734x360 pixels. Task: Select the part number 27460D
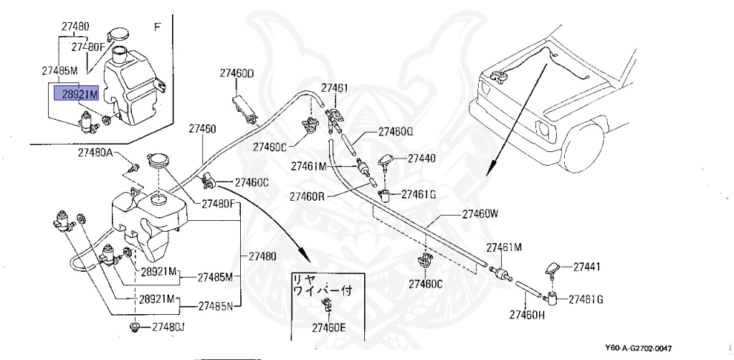(x=237, y=73)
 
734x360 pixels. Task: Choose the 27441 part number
(x=586, y=267)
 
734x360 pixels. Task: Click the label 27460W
(x=480, y=213)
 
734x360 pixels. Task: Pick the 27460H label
(x=528, y=314)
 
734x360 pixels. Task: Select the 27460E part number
(x=328, y=328)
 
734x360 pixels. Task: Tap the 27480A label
(x=95, y=153)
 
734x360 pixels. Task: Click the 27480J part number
(x=168, y=328)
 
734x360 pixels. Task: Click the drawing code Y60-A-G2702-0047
(x=639, y=348)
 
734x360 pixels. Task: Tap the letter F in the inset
(x=158, y=27)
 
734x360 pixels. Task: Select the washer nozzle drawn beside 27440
(x=389, y=161)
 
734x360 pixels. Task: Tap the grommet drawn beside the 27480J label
(x=133, y=328)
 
